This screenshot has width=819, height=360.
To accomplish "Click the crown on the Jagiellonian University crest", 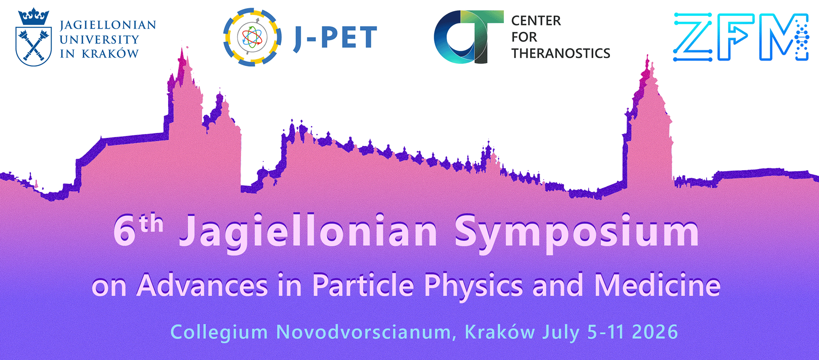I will pos(33,17).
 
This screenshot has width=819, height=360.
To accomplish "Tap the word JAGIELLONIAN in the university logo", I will pos(108,25).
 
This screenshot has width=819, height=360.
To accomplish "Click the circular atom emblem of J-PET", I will pos(252,37).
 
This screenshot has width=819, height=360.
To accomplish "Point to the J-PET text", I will pos(335,38).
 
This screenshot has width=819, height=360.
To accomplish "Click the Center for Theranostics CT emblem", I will pos(468,37).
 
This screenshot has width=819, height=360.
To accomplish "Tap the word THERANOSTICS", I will pos(561,53).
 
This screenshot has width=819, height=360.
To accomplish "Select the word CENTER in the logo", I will pos(536,20).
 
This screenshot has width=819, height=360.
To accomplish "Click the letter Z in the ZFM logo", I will pos(692,37).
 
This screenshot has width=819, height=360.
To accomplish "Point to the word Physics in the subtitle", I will pos(473,285).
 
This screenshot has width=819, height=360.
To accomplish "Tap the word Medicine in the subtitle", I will pos(657,285).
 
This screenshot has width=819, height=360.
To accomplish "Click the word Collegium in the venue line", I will pos(219,332).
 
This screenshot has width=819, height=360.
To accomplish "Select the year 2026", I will pos(655,332).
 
